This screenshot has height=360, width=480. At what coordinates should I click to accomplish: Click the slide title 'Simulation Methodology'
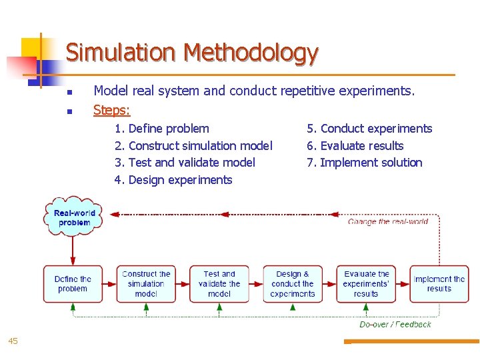pyautogui.click(x=191, y=53)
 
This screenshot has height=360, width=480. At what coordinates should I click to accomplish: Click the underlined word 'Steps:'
pyautogui.click(x=111, y=109)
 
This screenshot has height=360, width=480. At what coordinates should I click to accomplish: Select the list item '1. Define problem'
pyautogui.click(x=162, y=129)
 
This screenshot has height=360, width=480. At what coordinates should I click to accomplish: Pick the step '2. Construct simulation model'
pyautogui.click(x=193, y=146)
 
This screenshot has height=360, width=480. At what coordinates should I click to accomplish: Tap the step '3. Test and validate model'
pyautogui.click(x=185, y=163)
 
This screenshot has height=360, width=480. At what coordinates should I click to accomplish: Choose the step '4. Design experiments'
pyautogui.click(x=173, y=180)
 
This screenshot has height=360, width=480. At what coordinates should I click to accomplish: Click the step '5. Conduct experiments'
pyautogui.click(x=369, y=129)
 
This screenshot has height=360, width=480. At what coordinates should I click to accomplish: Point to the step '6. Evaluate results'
pyautogui.click(x=355, y=146)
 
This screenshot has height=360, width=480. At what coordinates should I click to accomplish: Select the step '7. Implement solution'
pyautogui.click(x=365, y=163)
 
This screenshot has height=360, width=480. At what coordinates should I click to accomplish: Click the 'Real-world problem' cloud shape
pyautogui.click(x=73, y=217)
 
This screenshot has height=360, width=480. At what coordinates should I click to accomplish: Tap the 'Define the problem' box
pyautogui.click(x=73, y=284)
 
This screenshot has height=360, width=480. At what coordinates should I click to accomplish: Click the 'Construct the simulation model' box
pyautogui.click(x=146, y=284)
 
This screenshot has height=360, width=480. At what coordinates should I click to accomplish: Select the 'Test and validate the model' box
pyautogui.click(x=219, y=284)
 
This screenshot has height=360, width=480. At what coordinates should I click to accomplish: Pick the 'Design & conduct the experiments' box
pyautogui.click(x=293, y=284)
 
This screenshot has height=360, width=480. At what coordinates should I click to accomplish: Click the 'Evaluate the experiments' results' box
pyautogui.click(x=366, y=284)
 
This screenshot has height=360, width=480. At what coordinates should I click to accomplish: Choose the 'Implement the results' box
pyautogui.click(x=439, y=284)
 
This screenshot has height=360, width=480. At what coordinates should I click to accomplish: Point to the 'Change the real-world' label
pyautogui.click(x=388, y=221)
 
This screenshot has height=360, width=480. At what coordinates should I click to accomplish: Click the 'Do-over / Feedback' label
pyautogui.click(x=395, y=325)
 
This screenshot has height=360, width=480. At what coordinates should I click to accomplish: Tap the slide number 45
pyautogui.click(x=13, y=341)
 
